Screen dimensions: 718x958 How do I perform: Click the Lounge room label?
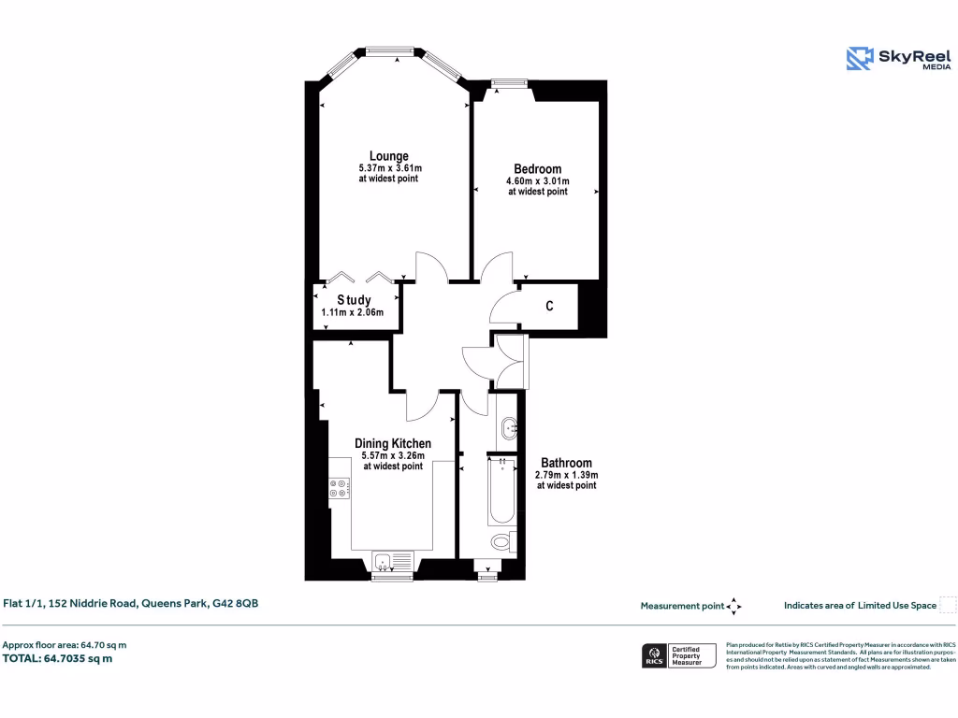point(388,156)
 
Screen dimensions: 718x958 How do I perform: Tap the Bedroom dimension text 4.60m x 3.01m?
point(537,180)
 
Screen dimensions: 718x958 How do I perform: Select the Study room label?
point(354,300)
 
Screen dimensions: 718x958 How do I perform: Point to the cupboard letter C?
point(549,306)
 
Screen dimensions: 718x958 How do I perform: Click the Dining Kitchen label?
point(393,443)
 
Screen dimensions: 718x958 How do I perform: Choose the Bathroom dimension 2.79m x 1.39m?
point(566,475)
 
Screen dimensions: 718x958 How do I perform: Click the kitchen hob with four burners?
point(340,488)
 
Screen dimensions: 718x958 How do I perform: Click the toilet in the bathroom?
point(502,541)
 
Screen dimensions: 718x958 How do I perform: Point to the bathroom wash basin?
point(508,429)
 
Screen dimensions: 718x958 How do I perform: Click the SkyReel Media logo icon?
point(859,59)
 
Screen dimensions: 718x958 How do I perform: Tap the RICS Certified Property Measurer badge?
point(679,655)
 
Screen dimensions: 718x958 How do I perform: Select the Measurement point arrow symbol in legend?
point(733,606)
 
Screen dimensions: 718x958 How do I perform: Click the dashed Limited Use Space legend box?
point(948,605)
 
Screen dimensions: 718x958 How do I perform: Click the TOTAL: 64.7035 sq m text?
point(58,658)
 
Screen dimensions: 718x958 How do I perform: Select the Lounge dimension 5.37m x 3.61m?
point(388,168)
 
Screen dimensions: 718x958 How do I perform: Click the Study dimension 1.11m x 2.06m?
point(354,312)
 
